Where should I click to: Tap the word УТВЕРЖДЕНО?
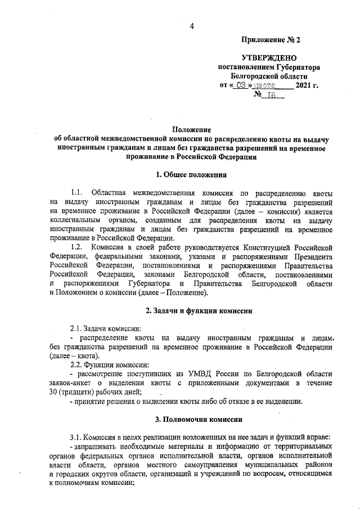point(269,58)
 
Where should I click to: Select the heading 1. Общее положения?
point(191,175)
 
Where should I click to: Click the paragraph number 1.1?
point(77,193)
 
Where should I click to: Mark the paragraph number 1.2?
point(77,247)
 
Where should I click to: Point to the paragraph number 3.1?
point(77,438)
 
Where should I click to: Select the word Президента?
point(309,256)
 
